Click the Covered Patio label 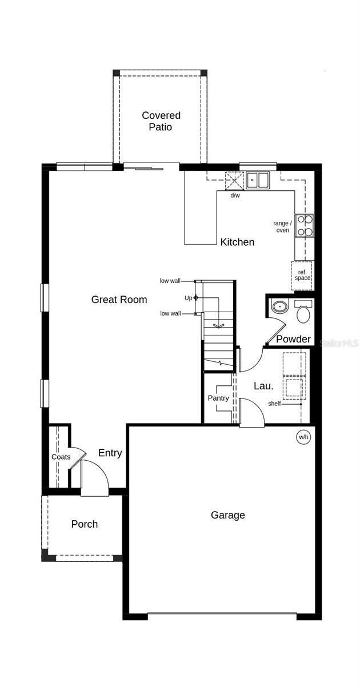pos(161,121)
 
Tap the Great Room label pos(119,300)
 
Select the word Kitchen pos(237,242)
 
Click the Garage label pos(227,515)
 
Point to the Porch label pos(84,524)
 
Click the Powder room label pos(293,339)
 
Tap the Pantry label pos(218,398)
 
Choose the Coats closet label pos(61,457)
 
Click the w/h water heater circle pos(303,437)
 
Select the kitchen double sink pos(258,180)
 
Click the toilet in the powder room pos(303,312)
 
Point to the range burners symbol pos(305,225)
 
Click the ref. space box pos(302,275)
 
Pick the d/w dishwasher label pos(235,196)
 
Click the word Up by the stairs pos(188,298)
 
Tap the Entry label pos(110,453)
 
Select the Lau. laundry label pos(263,386)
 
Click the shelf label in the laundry pos(274,404)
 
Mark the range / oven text pos(283,226)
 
